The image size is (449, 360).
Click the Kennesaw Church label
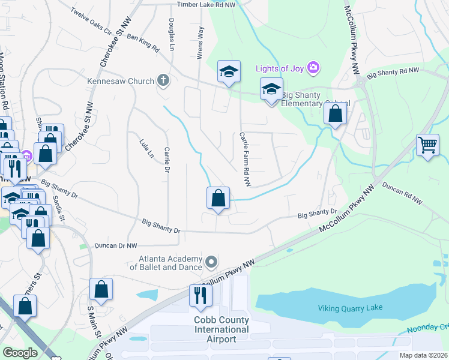121,80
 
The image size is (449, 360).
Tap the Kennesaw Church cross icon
163,80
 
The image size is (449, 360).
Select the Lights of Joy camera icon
313,67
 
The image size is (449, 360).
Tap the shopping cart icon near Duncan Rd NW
427,145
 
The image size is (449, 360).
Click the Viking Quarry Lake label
349,308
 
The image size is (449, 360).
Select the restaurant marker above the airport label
200,295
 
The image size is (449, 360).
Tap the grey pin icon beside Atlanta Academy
211,262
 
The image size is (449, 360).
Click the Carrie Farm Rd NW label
246,158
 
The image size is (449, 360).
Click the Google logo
20,353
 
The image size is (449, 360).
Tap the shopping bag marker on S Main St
101,289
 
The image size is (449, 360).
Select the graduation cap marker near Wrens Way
229,72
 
